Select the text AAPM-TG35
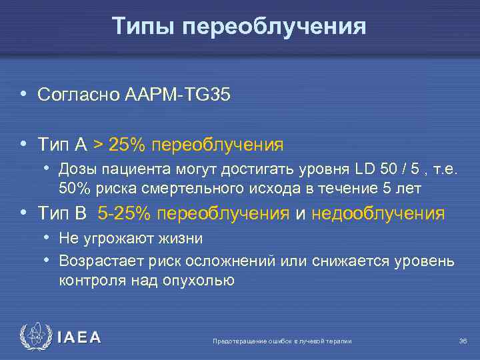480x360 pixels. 177,95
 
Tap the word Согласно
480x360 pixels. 79,95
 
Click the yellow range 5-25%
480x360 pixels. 127,213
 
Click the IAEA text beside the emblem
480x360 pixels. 79,338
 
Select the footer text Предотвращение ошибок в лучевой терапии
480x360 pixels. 282,341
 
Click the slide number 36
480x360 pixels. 463,341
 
